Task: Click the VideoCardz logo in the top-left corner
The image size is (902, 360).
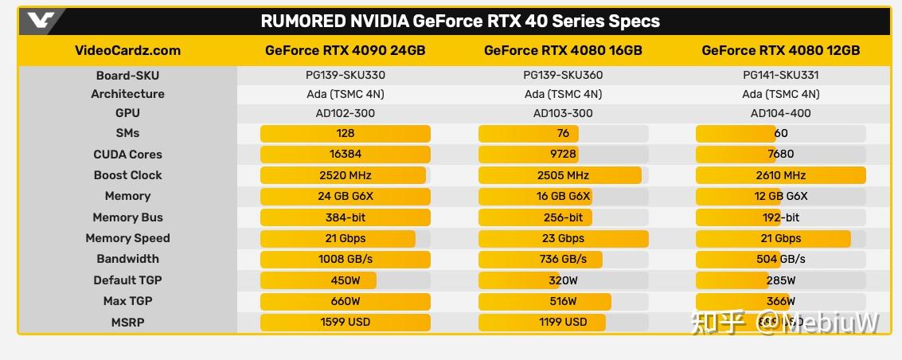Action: click(x=39, y=21)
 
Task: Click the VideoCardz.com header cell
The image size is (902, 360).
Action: click(x=127, y=50)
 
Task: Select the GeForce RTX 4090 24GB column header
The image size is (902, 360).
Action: click(x=345, y=50)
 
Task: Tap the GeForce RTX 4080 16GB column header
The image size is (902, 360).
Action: click(x=563, y=50)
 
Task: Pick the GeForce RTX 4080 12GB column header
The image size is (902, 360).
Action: click(x=780, y=50)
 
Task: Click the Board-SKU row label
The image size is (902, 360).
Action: click(x=127, y=76)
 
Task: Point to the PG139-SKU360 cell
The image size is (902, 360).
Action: click(x=563, y=76)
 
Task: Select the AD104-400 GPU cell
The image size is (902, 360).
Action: click(x=780, y=113)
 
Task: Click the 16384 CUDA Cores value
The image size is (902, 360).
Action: click(x=346, y=155)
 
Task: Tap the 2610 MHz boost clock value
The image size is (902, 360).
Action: click(x=780, y=175)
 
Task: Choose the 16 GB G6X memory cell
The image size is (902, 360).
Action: click(x=563, y=196)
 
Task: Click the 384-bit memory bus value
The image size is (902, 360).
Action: click(x=346, y=217)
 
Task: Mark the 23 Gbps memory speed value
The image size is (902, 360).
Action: click(x=563, y=238)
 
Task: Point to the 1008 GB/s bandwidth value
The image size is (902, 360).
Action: click(x=346, y=259)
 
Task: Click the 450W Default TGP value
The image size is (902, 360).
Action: click(x=346, y=280)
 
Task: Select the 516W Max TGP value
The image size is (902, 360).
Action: click(x=563, y=301)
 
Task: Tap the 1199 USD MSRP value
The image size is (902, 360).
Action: click(x=563, y=322)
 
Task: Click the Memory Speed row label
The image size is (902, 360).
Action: click(x=127, y=238)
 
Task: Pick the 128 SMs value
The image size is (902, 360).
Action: click(x=346, y=133)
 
